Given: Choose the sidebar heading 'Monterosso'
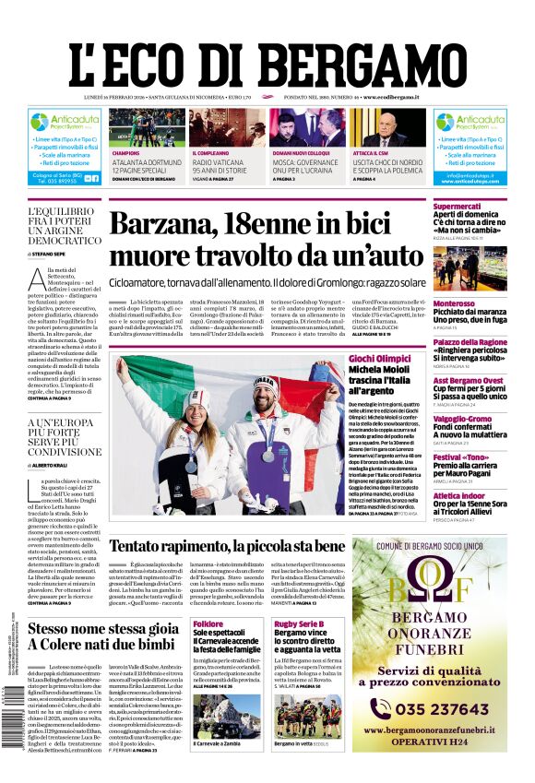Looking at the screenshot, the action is click(x=454, y=303).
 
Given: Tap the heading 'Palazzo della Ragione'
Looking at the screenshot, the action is click(x=470, y=342).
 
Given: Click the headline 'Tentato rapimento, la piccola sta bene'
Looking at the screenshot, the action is click(x=240, y=545).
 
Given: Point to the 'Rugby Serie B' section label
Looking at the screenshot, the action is click(x=298, y=624).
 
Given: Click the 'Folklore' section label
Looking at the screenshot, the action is click(x=208, y=624).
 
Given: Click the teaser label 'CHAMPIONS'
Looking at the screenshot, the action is click(x=125, y=153).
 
